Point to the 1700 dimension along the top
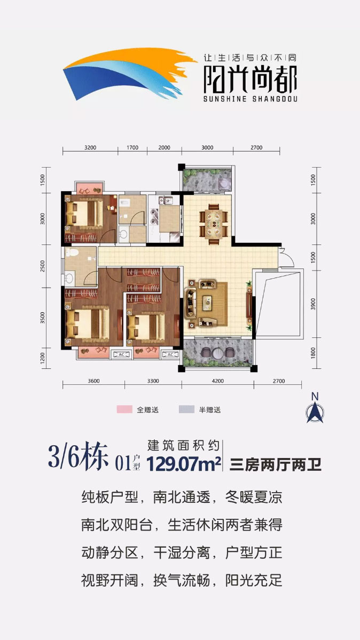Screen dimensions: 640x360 (132, 148)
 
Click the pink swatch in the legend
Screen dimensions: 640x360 (124, 410)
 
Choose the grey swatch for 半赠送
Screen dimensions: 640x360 (186, 410)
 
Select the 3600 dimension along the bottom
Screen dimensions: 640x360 (93, 381)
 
